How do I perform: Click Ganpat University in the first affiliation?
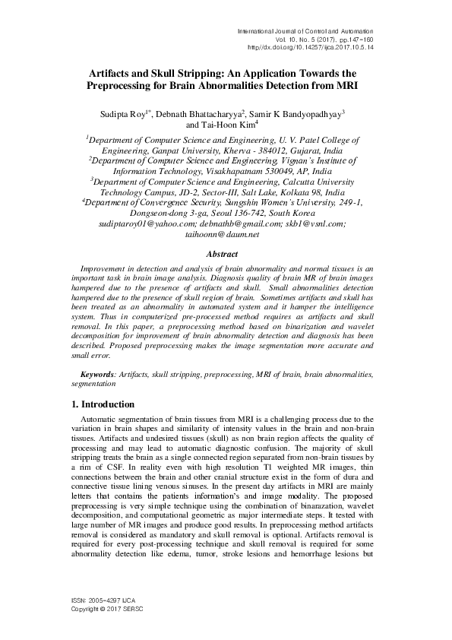(x=144, y=150)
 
